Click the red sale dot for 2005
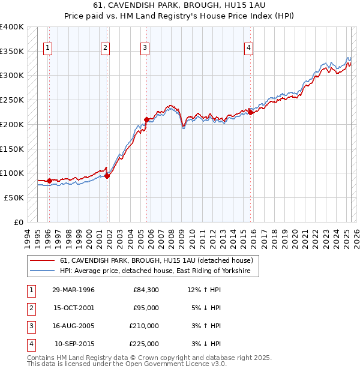click(x=146, y=119)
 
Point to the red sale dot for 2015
click(x=250, y=112)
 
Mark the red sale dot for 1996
click(x=49, y=181)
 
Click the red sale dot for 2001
click(x=107, y=176)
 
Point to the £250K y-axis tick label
click(x=12, y=100)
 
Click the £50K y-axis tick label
click(x=14, y=197)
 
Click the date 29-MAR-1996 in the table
click(x=73, y=290)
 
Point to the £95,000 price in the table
click(x=146, y=308)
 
